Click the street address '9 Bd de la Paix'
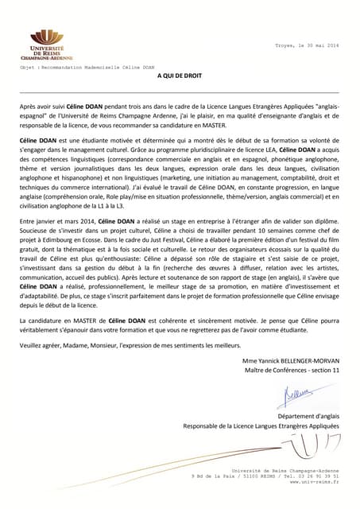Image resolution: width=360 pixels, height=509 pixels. pos(215,476)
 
